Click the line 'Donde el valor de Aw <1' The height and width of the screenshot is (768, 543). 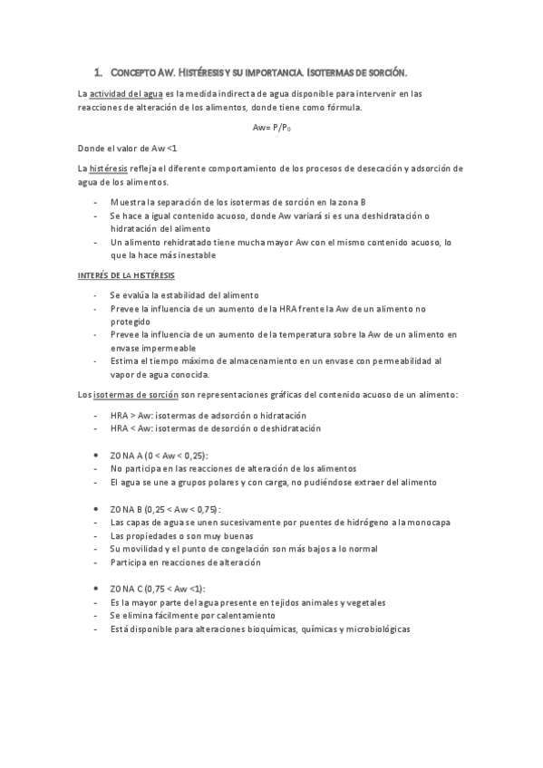coord(127,148)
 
